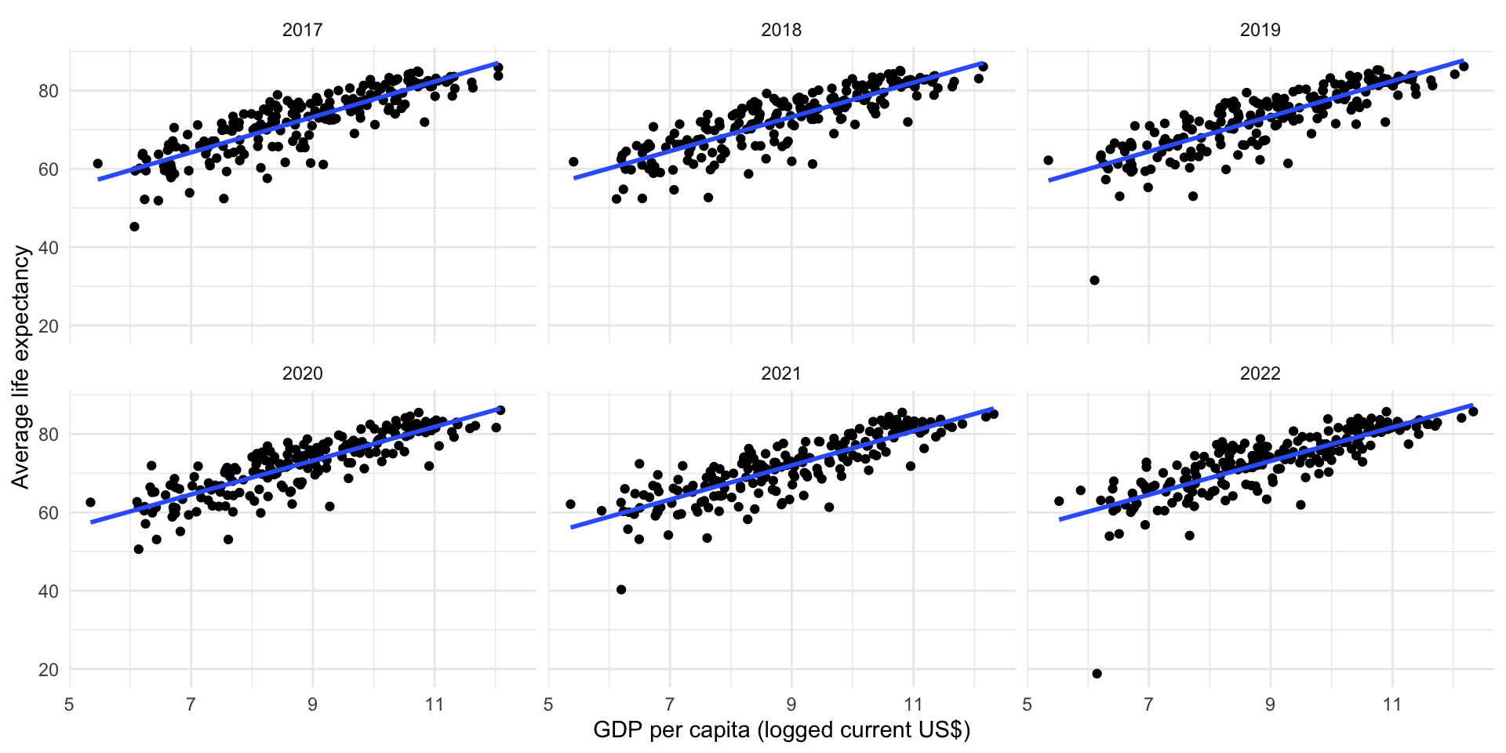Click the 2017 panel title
click(302, 30)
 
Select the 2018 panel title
click(781, 30)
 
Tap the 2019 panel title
click(1260, 30)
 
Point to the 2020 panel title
click(302, 373)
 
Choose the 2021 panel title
click(781, 373)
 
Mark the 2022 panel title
click(1260, 373)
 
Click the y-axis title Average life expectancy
click(21, 367)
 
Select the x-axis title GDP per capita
click(781, 730)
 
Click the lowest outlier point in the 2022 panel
click(1097, 674)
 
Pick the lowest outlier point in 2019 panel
click(1094, 280)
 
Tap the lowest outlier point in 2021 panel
click(621, 589)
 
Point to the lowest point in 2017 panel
click(134, 227)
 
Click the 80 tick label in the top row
click(48, 91)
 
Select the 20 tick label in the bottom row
click(48, 670)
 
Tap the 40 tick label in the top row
click(48, 248)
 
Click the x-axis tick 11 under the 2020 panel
click(434, 704)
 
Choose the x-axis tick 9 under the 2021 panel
click(791, 704)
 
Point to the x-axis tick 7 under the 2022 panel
click(1148, 704)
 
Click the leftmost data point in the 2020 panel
click(90, 502)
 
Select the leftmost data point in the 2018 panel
click(573, 162)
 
